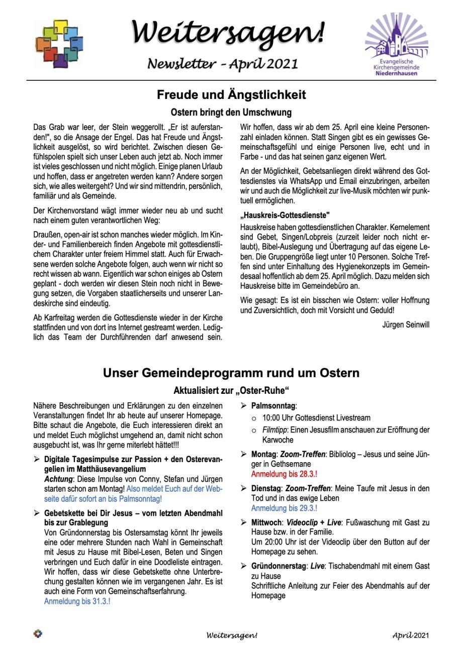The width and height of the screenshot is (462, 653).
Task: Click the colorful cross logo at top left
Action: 59,44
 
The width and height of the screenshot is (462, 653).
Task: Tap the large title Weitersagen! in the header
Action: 229,32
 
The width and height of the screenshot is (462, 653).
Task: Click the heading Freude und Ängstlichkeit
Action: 231,95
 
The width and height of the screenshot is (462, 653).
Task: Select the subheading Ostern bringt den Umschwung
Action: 231,112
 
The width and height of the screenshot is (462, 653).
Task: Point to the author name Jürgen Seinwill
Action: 406,325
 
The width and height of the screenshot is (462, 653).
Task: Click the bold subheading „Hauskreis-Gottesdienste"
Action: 285,215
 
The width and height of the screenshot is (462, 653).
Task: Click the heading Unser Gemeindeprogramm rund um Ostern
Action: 231,373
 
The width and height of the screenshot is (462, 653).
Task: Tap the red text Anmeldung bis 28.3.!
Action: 284,474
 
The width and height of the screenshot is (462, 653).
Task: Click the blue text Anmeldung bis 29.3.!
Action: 284,508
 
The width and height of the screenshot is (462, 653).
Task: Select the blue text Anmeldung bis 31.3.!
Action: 77,601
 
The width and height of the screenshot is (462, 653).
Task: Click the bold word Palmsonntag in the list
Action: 273,405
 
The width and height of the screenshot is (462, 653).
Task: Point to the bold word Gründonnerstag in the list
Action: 279,566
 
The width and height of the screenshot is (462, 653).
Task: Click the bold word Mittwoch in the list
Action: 267,522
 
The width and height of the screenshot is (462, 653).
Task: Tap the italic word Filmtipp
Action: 275,430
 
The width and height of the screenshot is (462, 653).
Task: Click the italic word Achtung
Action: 58,479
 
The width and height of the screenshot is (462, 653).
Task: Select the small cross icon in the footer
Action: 38,634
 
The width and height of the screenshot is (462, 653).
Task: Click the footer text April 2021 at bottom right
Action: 411,635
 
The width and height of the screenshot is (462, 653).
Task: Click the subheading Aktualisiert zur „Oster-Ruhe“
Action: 231,390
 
